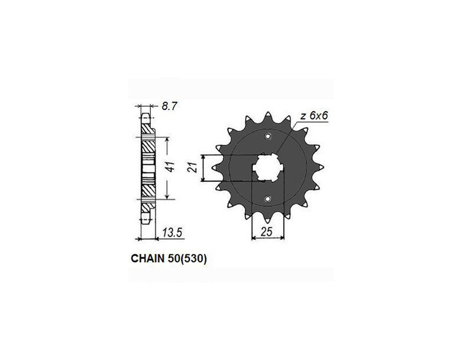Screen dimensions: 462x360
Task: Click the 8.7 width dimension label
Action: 169,106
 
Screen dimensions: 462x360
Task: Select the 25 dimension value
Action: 266,232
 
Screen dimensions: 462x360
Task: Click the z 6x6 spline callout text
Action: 314,116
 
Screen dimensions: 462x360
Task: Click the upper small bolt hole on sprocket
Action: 267,136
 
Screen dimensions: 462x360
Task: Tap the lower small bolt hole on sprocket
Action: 267,199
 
